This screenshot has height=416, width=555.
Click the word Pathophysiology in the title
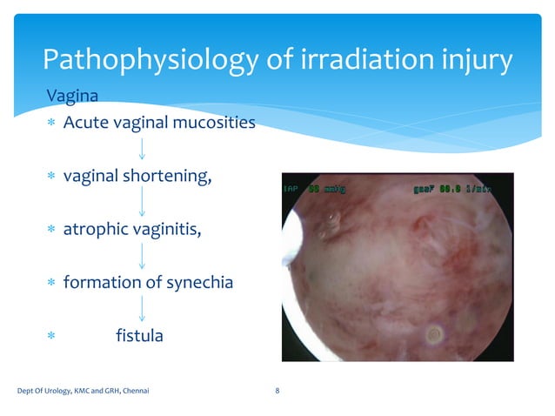click(147, 60)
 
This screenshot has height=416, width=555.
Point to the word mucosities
click(213, 122)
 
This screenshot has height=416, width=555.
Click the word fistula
click(139, 335)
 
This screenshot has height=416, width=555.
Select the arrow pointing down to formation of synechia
click(142, 256)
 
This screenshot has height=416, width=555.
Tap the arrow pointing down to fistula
click(142, 309)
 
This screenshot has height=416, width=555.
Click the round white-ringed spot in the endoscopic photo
click(434, 332)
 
